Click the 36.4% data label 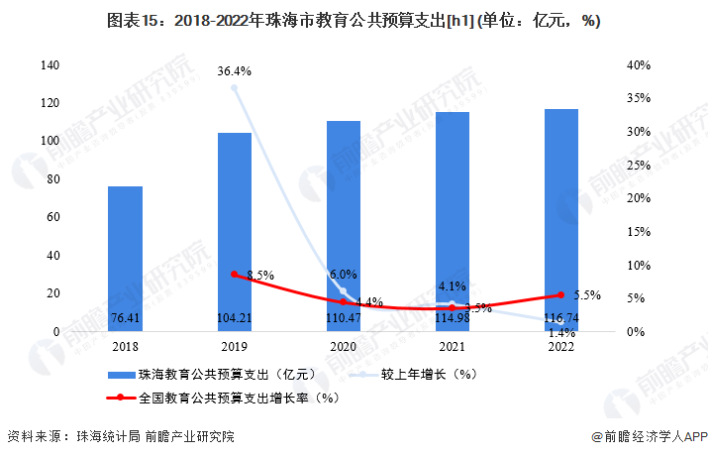point(235,71)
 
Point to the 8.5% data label point(259,275)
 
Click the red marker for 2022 point(561,295)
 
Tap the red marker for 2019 point(235,274)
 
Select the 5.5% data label point(587,295)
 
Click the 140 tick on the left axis point(50,65)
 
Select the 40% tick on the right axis point(638,65)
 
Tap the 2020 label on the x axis point(344,347)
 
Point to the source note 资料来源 point(120,436)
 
